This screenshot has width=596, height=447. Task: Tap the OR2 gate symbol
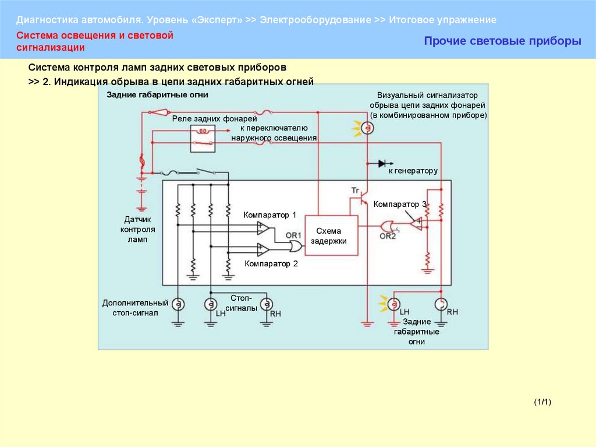387,226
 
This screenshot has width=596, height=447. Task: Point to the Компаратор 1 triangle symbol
263,227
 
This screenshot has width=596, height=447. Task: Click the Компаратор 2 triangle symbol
263,249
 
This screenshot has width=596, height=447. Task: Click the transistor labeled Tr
363,199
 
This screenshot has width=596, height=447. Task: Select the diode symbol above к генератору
383,164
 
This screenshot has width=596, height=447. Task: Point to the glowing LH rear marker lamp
395,304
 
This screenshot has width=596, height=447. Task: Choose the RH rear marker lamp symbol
441,304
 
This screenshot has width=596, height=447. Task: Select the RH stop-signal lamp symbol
266,304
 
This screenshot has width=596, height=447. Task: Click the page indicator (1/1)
542,402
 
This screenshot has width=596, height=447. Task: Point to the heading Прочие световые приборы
502,41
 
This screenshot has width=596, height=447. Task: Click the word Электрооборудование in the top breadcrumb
314,20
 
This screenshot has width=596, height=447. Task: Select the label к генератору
413,171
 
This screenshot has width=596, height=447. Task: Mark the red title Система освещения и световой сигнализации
95,41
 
